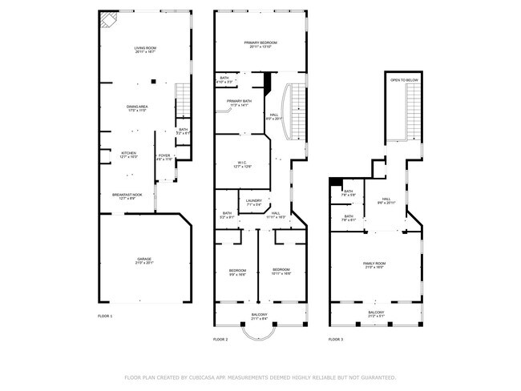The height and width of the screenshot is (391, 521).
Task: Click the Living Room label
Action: point(144,50)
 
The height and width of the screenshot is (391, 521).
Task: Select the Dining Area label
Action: point(138,108)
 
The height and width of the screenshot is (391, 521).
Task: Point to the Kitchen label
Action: point(128,155)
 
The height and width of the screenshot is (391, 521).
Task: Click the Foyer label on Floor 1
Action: point(164,157)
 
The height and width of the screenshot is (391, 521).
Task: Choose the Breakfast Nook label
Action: point(128,196)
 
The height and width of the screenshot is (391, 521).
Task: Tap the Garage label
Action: point(144,260)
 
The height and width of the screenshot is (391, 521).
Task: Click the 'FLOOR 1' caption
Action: point(106,316)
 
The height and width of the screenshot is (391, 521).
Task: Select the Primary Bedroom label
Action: point(261,44)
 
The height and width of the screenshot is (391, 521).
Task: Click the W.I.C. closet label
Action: point(242,164)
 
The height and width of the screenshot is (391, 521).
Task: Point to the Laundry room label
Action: point(254,202)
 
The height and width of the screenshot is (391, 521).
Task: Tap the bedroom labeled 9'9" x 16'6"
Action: point(237,271)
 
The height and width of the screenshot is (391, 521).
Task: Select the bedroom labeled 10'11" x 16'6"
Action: point(281,271)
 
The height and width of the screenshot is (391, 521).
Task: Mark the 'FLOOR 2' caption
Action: point(221,341)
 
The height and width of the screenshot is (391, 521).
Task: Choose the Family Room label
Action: point(375,265)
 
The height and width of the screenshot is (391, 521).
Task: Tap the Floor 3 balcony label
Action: point(376,314)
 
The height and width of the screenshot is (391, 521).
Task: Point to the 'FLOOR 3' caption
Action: point(336,341)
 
